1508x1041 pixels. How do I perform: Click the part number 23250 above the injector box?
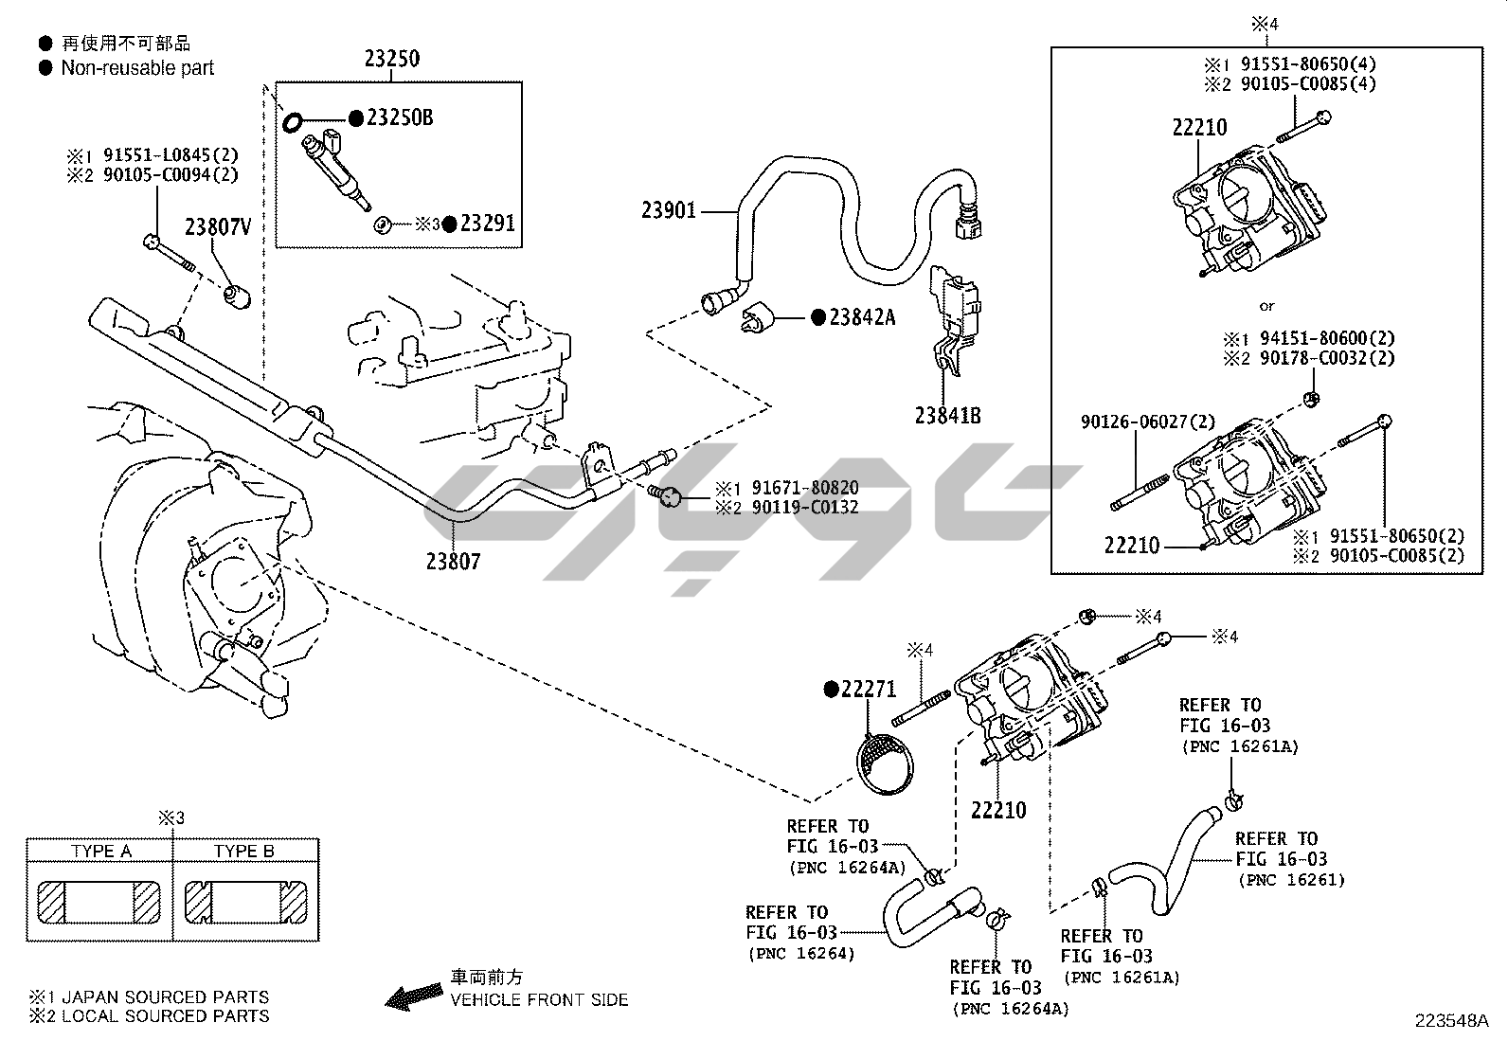(x=391, y=59)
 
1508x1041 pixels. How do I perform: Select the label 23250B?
(x=400, y=117)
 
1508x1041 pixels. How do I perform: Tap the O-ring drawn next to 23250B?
(x=294, y=120)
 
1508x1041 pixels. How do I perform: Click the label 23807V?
(x=218, y=227)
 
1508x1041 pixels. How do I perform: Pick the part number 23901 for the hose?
(x=669, y=210)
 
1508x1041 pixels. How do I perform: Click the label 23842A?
(x=862, y=317)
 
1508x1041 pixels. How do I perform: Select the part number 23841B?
(x=947, y=415)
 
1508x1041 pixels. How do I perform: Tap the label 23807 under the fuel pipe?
(x=453, y=561)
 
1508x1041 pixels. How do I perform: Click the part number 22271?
(x=868, y=690)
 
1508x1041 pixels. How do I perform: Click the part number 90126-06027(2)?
(x=1148, y=422)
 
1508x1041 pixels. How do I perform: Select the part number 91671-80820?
(x=805, y=489)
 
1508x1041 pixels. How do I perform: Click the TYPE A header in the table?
(x=101, y=851)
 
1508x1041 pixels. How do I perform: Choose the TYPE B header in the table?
(x=244, y=851)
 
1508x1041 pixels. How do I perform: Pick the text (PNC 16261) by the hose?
(x=1291, y=880)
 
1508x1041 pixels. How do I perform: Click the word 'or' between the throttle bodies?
(x=1266, y=306)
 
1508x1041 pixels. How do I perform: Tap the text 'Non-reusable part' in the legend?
(x=137, y=68)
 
